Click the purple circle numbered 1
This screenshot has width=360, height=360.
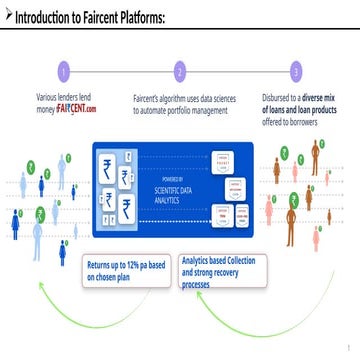click(x=64, y=72)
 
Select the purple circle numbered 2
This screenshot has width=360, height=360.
click(x=180, y=72)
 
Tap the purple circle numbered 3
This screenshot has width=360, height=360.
click(x=296, y=72)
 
